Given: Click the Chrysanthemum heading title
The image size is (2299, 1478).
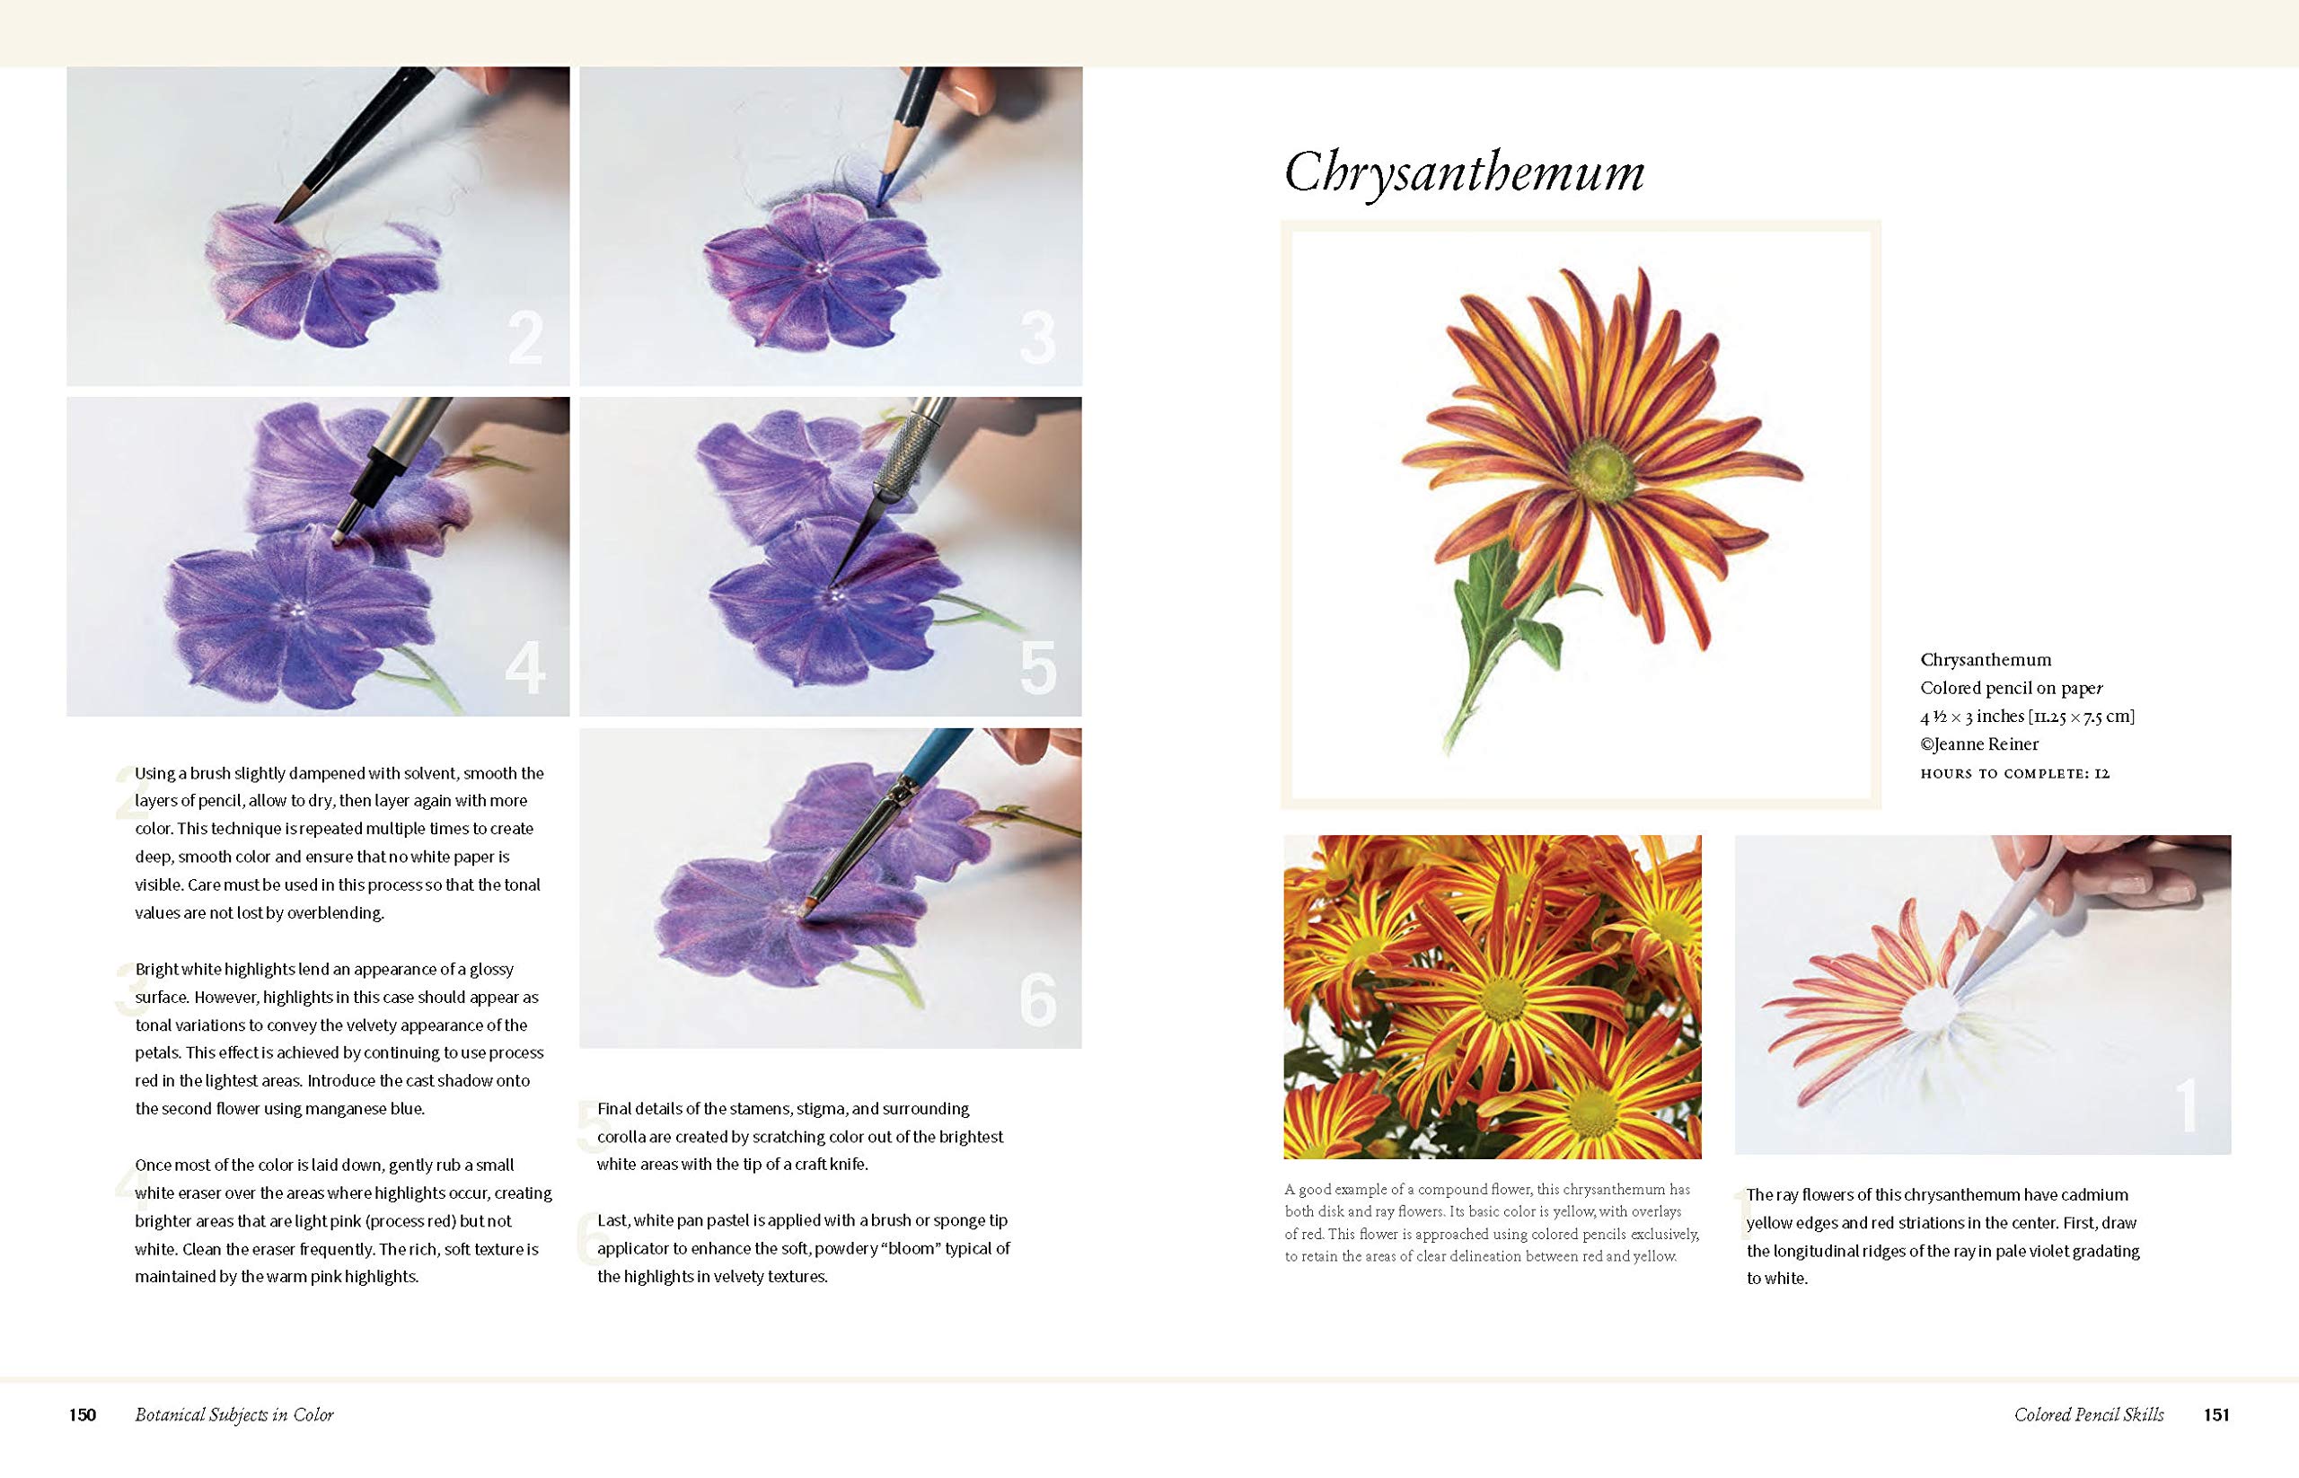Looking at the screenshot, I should (1464, 172).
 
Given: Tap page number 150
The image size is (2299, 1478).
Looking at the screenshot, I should (83, 1414).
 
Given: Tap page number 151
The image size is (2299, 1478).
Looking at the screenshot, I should (2216, 1414).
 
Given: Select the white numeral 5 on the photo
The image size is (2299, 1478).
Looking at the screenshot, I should (1037, 668).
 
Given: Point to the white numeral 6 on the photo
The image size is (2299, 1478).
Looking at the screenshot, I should (1037, 1000).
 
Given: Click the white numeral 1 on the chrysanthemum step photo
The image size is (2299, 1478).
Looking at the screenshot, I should (2186, 1105).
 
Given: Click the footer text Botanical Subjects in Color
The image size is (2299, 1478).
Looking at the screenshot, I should (234, 1414).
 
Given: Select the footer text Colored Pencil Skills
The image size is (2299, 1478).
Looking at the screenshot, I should (2089, 1414).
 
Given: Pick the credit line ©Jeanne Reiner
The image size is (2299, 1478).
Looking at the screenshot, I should (1979, 743).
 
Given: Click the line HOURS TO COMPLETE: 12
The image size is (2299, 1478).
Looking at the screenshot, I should (2015, 773).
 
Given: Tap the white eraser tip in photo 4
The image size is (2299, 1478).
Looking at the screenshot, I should (338, 540).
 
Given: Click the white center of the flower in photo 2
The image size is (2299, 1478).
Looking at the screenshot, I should (316, 260).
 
